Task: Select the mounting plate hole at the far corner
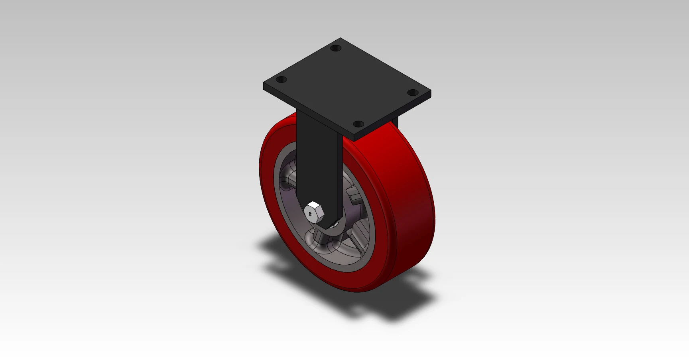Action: (336, 48)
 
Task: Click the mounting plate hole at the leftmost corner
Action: (282, 80)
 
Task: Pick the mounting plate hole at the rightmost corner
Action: (413, 92)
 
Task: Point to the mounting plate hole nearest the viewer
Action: (358, 124)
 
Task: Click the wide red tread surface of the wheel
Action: (399, 199)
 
